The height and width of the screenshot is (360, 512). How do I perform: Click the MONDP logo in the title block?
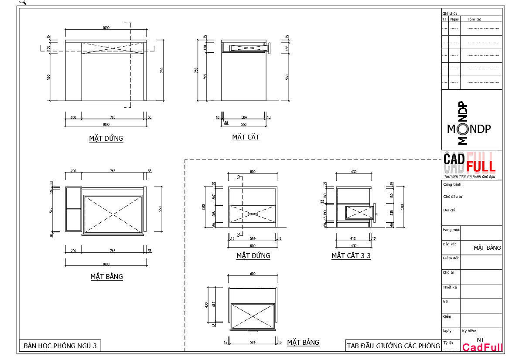click(469, 129)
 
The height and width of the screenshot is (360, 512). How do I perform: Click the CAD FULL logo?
click(470, 163)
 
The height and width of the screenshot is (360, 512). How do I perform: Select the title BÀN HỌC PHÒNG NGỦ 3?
click(60, 346)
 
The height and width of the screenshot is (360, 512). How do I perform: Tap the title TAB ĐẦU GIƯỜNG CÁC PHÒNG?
click(393, 346)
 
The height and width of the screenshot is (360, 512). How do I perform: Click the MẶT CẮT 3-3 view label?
click(351, 256)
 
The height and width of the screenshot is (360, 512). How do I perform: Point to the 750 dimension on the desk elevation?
click(162, 70)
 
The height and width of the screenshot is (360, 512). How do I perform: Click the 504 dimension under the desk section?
click(244, 117)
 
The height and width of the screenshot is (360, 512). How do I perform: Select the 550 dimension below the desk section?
click(244, 125)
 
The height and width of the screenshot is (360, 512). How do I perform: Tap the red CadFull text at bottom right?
click(482, 348)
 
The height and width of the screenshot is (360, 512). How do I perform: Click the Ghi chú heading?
click(449, 14)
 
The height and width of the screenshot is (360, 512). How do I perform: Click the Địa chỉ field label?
click(450, 210)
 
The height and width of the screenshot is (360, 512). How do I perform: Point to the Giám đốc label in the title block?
click(451, 258)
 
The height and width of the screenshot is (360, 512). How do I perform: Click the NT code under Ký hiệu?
click(480, 340)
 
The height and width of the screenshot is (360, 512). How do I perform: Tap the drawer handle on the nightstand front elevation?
click(253, 214)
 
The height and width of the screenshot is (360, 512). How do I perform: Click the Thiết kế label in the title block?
click(450, 287)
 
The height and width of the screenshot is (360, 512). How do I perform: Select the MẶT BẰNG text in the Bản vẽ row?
click(487, 248)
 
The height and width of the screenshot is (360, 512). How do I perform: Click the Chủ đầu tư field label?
click(453, 197)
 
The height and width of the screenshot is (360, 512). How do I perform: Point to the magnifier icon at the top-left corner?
click(22, 2)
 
